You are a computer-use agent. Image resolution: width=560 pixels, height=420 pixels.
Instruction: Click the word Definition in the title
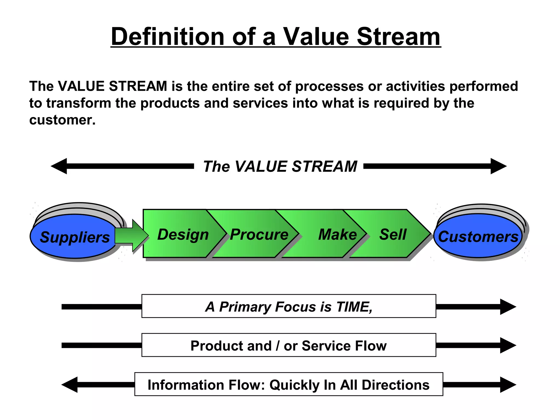pyautogui.click(x=168, y=37)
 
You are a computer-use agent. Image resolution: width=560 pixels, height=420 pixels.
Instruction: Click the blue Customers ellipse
pyautogui.click(x=478, y=236)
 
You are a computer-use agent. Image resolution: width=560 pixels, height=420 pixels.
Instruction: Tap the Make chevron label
pyautogui.click(x=337, y=234)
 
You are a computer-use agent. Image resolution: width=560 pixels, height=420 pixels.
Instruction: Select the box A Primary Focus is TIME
pyautogui.click(x=288, y=306)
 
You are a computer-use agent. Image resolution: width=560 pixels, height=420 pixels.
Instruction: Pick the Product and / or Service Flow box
pyautogui.click(x=288, y=345)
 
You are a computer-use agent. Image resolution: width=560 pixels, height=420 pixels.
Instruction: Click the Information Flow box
pyautogui.click(x=288, y=384)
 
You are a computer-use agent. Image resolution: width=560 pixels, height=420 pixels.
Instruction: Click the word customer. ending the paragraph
pyautogui.click(x=62, y=120)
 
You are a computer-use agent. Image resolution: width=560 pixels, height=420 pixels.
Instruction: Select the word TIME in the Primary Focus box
pyautogui.click(x=354, y=307)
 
